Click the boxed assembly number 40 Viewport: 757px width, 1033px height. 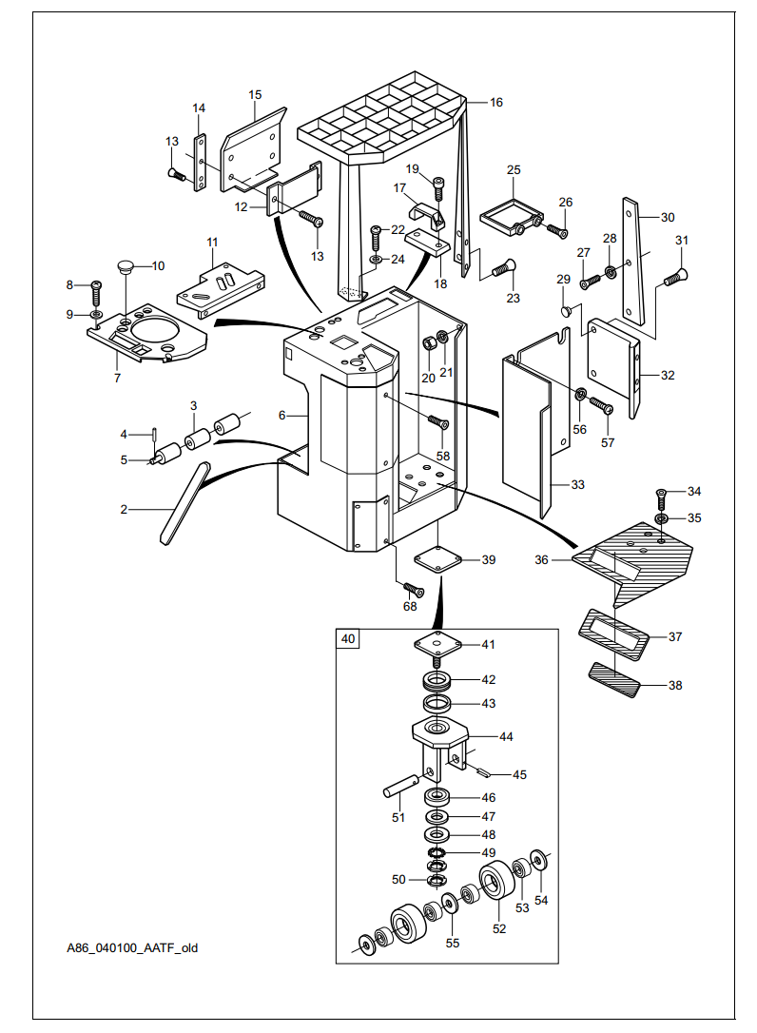pyautogui.click(x=348, y=639)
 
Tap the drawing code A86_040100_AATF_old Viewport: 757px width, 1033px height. pyautogui.click(x=132, y=947)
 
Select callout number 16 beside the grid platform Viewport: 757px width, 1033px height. pyautogui.click(x=496, y=102)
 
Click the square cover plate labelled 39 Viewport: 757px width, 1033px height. pyautogui.click(x=437, y=559)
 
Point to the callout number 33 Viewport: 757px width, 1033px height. pyautogui.click(x=578, y=484)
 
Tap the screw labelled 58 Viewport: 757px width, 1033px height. pyautogui.click(x=437, y=421)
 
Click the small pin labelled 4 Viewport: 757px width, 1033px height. pyautogui.click(x=153, y=435)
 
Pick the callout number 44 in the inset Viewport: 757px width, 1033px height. pyautogui.click(x=506, y=737)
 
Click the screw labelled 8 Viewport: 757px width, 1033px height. pyautogui.click(x=96, y=287)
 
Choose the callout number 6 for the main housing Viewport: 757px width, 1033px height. pyautogui.click(x=282, y=416)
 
